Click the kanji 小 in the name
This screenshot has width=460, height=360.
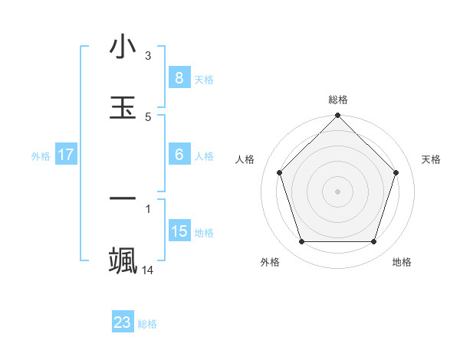123,48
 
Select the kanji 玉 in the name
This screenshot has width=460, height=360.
123,108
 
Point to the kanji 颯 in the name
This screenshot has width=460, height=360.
123,261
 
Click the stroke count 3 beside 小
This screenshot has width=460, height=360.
148,56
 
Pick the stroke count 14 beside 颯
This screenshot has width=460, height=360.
148,270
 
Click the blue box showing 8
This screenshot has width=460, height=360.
179,77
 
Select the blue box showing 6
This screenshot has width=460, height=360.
179,154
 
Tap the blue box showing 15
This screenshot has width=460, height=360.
179,231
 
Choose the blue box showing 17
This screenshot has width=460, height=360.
66,154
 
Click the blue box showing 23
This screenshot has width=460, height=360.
123,322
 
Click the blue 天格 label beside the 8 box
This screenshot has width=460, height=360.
204,80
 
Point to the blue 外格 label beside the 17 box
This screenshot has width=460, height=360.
41,156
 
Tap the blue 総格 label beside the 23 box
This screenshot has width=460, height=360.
147,324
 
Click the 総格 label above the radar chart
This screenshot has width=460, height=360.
338,100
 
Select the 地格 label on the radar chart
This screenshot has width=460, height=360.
402,262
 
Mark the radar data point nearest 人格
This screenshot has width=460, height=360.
280,172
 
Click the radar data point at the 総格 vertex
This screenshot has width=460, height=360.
338,116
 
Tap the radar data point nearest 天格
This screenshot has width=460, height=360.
396,172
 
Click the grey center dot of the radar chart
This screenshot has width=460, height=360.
338,191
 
